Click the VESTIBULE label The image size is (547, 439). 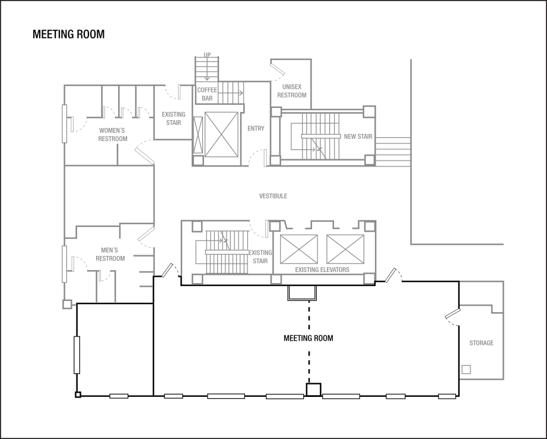273,196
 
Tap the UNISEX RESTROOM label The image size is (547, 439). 292,91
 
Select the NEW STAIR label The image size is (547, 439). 358,137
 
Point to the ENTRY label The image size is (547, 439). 256,129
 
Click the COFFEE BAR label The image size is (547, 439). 207,94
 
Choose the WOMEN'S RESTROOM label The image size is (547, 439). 113,134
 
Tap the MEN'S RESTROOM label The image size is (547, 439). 110,255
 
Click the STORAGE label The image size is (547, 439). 481,343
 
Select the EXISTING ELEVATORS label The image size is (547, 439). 322,270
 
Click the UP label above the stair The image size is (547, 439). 207,55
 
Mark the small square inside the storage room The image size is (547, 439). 466,370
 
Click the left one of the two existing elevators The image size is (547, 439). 299,249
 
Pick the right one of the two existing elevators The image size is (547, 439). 345,249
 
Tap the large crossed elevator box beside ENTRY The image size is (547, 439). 221,134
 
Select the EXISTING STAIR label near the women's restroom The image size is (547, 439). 173,118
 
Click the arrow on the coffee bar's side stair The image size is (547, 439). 240,93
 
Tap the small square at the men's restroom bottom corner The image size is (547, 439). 67,305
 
